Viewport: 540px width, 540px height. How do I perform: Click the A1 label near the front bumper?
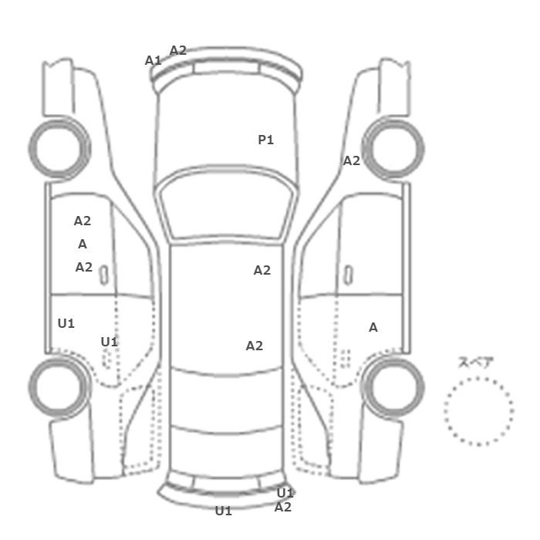coord(153,61)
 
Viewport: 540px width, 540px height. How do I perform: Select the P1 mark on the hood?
coord(266,140)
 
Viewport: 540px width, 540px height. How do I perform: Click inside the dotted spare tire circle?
coord(479,411)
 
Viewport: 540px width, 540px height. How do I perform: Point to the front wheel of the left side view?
coord(59,148)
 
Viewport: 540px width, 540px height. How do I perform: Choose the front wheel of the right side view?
coord(393,148)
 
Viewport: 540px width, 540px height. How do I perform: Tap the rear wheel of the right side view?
coord(393,386)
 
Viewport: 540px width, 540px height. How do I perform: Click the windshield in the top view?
coord(226,203)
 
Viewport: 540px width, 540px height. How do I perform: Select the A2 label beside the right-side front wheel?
coord(352,160)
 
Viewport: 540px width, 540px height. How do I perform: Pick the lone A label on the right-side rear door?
coord(373,328)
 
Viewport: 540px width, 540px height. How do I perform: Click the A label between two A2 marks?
coord(83,245)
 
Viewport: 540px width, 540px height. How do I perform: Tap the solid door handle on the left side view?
coord(103,275)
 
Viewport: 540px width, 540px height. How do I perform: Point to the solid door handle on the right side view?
coord(349,275)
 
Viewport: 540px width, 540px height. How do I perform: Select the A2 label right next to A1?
coord(178,51)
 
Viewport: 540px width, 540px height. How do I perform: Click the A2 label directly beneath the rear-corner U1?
coord(283,508)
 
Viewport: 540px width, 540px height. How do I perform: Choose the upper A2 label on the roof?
coord(262,271)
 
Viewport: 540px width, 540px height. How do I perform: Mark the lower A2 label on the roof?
coord(255,346)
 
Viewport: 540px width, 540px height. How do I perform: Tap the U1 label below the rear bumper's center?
coord(224,511)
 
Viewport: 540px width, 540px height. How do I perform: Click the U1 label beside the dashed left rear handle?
coord(110,342)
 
